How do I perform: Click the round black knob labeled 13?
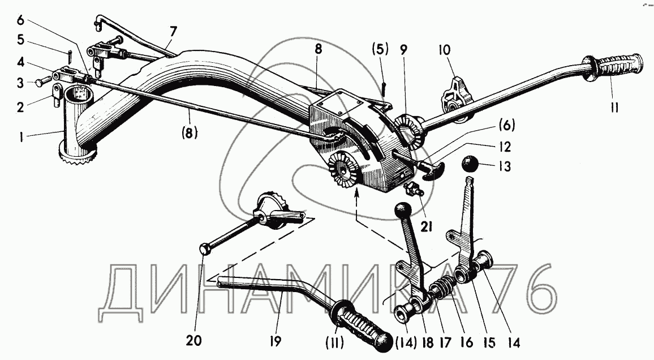coord(470,165)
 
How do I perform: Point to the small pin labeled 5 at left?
coord(68,56)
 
